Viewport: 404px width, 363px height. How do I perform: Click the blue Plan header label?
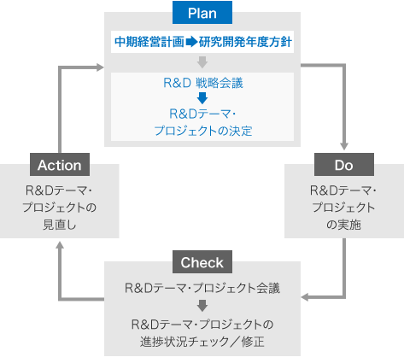202,12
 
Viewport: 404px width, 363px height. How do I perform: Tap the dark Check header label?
202,262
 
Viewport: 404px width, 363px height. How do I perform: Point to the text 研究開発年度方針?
247,41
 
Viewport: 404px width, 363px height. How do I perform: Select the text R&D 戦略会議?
202,84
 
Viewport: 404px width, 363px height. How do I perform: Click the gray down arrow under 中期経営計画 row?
202,62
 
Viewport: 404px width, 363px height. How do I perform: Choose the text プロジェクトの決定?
202,131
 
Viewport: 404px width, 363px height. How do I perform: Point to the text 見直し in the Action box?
59,225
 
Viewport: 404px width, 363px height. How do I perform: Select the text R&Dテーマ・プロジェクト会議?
202,286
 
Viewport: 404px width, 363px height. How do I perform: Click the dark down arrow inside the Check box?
202,305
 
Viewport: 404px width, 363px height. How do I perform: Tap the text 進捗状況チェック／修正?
202,340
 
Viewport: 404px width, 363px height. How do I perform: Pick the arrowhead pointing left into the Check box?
307,297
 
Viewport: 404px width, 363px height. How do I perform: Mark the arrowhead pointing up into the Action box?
59,246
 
